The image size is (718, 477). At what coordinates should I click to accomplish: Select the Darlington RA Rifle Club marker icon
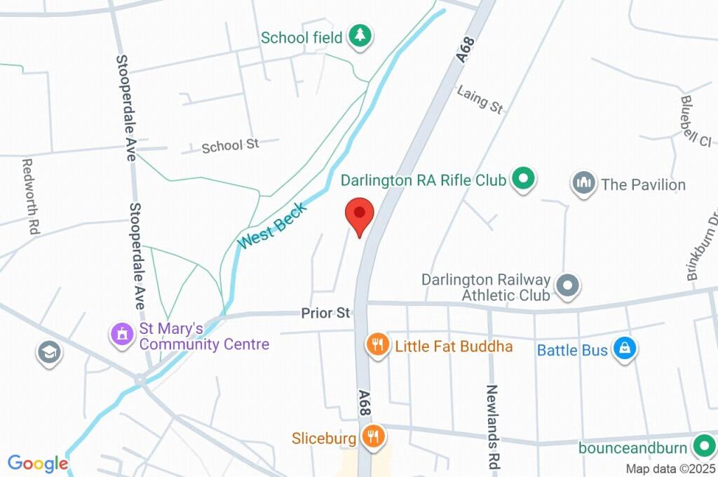(x=522, y=180)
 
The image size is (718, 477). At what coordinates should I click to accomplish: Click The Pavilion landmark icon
(x=583, y=184)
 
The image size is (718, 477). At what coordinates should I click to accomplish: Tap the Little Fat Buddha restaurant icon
(x=377, y=345)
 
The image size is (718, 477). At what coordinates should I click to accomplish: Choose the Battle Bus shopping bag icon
(x=624, y=348)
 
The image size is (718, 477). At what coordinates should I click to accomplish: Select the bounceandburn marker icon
(x=703, y=445)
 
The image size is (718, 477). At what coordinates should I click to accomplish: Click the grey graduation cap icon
(x=48, y=353)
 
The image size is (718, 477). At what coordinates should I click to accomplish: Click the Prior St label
(x=325, y=313)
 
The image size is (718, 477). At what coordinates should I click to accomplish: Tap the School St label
(x=230, y=145)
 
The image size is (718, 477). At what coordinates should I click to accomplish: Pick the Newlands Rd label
(x=493, y=417)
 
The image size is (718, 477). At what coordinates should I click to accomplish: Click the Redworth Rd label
(x=30, y=196)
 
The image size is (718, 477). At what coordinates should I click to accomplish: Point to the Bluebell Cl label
(x=695, y=121)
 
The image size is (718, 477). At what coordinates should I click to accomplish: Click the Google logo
(x=37, y=463)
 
